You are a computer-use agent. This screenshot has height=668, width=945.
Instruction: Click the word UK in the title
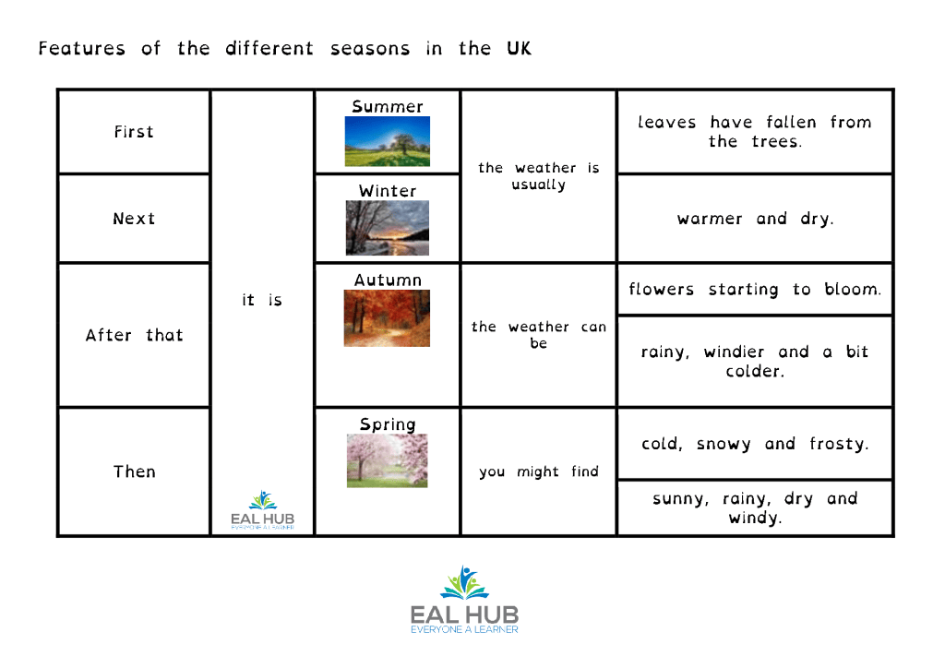pos(519,48)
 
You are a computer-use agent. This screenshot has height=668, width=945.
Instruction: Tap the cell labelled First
pos(134,132)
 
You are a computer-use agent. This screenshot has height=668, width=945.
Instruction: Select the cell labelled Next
pos(134,219)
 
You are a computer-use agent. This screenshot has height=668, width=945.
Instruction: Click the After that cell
pos(134,335)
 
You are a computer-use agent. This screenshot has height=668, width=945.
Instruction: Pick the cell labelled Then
pos(134,471)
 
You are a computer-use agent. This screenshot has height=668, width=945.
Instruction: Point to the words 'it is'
pos(262,300)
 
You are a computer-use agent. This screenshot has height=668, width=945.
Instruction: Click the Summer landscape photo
pos(388,141)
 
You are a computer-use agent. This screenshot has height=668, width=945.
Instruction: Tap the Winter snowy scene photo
pos(388,228)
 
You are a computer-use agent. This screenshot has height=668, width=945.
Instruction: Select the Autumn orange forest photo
pos(387,318)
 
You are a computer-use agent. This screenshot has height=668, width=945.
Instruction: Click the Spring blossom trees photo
pos(387,460)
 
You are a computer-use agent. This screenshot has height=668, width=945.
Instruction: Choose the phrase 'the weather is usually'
pos(539,176)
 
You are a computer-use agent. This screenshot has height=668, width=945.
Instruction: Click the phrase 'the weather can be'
pos(539,335)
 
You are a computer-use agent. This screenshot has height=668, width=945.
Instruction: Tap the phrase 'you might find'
pos(539,471)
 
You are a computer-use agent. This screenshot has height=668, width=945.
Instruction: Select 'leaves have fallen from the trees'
pos(755,132)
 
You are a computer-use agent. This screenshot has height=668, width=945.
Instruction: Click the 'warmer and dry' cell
pos(755,219)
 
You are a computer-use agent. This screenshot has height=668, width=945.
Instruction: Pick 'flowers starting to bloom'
pos(755,289)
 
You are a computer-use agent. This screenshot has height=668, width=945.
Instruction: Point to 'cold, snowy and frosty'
pos(755,444)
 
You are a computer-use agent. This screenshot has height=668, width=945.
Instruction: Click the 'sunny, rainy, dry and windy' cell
pos(755,507)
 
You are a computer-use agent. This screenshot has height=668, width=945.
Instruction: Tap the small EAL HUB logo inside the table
pos(263,509)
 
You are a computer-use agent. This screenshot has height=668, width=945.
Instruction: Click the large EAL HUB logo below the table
pos(464,600)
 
